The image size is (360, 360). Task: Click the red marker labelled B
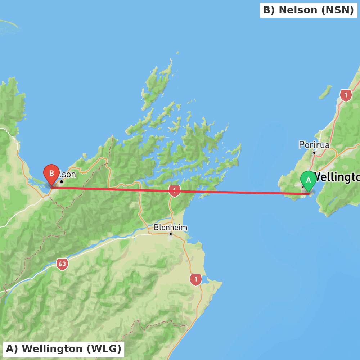[x=51, y=174]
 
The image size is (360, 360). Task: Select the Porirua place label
[x=314, y=145]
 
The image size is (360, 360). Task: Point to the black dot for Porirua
[x=314, y=152]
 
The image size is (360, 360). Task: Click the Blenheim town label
[x=171, y=228]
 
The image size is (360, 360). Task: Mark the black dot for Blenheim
[x=171, y=234]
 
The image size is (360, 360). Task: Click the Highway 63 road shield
[x=62, y=264]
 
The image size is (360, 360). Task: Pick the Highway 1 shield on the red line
[x=174, y=190]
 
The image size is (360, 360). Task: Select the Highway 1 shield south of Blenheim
[x=195, y=279]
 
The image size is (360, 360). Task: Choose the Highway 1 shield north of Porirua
[x=346, y=95]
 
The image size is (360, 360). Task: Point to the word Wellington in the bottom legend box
[x=52, y=349]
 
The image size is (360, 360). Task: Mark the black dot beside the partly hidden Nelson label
[x=62, y=181]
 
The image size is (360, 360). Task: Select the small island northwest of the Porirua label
[x=325, y=92]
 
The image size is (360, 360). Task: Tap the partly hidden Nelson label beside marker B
[x=68, y=175]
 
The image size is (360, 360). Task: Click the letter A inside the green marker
[x=308, y=180]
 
